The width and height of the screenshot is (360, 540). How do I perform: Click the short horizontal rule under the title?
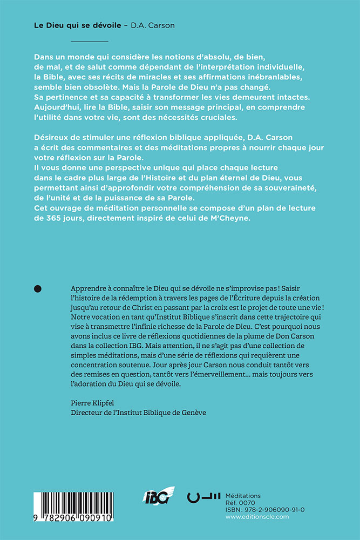pos(90,42)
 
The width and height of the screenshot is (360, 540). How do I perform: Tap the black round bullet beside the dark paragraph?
pos(38,289)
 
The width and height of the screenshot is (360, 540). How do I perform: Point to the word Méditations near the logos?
pos(243,496)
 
